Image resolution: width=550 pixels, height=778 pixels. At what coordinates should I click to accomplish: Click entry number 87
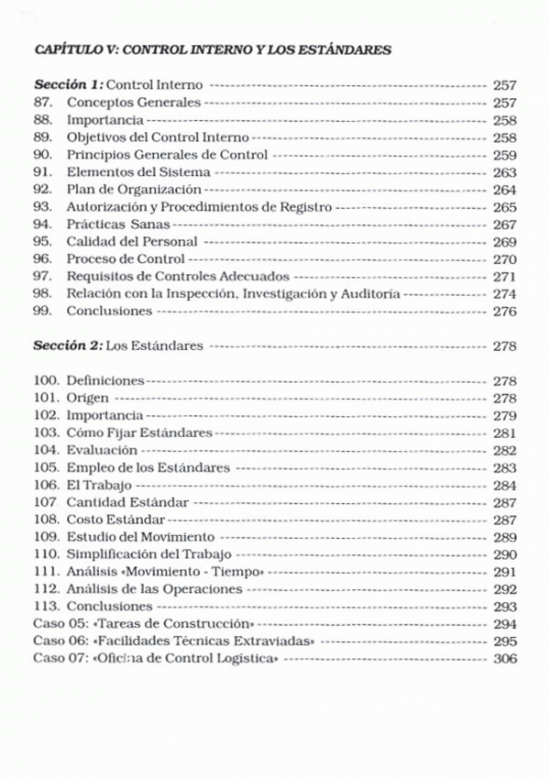point(41,103)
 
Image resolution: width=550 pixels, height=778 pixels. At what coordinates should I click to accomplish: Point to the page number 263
point(504,172)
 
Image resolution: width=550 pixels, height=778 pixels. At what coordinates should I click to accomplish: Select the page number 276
point(504,312)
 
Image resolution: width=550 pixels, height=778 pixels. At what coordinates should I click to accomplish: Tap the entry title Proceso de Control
point(125,259)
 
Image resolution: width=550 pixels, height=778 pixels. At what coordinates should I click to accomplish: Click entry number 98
point(41,294)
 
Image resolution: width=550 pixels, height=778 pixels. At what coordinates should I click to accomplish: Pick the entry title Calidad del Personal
point(132,242)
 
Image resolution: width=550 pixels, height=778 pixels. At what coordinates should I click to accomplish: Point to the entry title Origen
point(88,398)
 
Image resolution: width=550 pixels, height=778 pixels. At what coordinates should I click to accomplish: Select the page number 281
point(504,433)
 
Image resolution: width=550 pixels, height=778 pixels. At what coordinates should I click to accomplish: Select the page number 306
point(504,659)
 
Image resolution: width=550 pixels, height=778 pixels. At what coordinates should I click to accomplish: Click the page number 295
point(504,641)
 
